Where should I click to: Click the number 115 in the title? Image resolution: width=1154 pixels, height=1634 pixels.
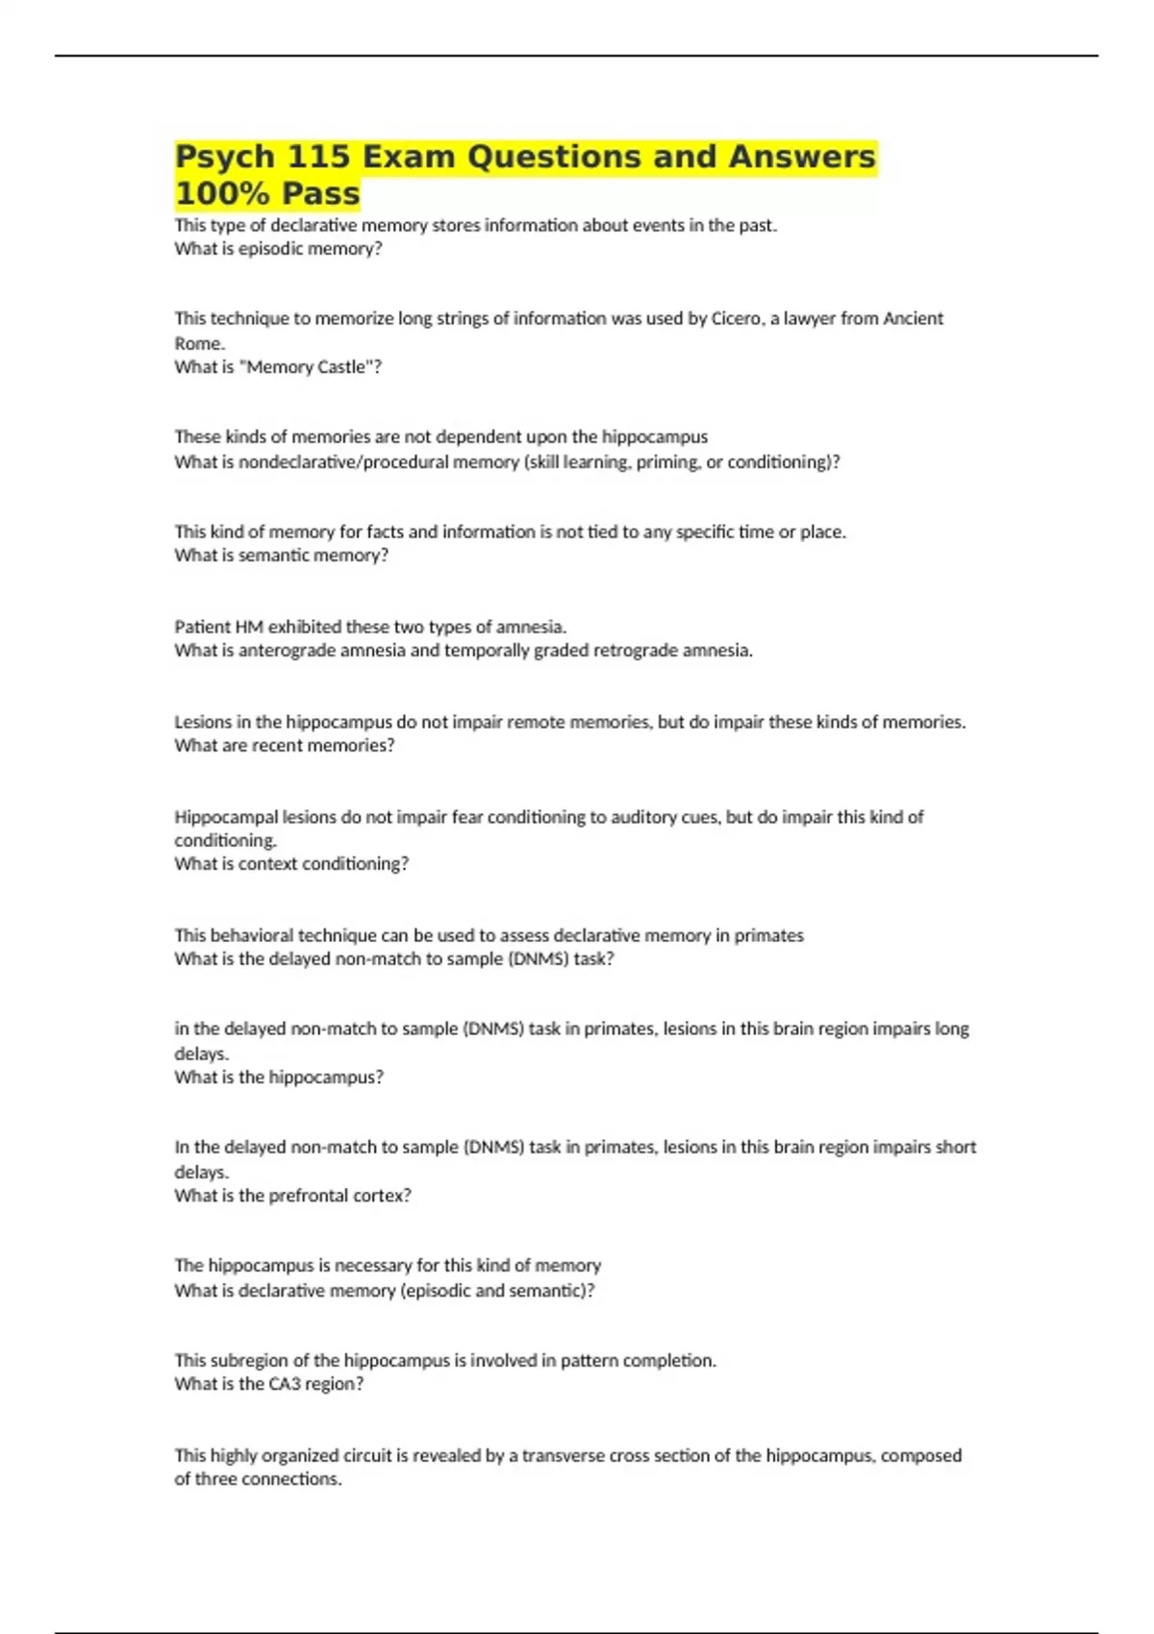tap(317, 157)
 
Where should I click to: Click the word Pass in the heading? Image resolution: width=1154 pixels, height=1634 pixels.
tap(321, 193)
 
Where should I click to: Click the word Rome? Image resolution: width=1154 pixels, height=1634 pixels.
tap(198, 343)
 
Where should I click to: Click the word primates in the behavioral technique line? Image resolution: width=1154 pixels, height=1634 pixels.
tap(768, 935)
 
